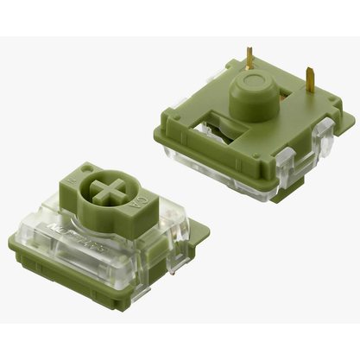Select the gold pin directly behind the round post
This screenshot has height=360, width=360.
[250, 60]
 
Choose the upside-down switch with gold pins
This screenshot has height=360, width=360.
[246, 129]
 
